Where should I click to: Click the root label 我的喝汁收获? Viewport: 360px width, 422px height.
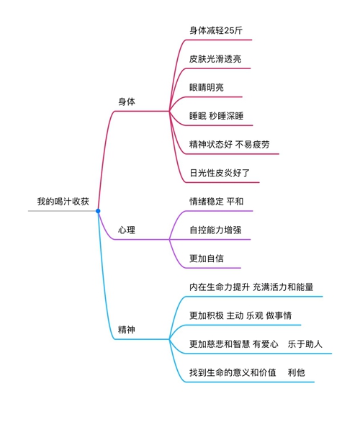click(63, 202)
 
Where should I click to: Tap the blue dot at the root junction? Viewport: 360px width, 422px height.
click(98, 211)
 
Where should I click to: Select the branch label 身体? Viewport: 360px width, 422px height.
click(127, 102)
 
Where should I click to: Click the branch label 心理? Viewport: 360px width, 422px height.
click(127, 230)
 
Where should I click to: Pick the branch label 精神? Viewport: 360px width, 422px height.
click(127, 330)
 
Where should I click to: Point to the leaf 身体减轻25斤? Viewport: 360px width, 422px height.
click(216, 30)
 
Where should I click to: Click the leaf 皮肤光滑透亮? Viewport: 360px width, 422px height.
click(215, 59)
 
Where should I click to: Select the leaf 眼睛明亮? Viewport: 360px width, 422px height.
click(207, 87)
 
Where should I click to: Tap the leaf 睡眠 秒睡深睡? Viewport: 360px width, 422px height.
click(216, 116)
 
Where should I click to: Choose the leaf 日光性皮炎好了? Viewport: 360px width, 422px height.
click(220, 173)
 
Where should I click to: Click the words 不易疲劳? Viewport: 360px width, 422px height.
click(253, 145)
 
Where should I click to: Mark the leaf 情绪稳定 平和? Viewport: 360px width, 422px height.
click(216, 202)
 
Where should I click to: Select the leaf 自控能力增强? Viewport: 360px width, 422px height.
click(215, 230)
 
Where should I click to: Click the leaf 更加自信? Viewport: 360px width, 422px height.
click(207, 259)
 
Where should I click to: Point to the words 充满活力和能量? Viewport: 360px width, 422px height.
click(283, 287)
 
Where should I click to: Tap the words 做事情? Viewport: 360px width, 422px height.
click(279, 315)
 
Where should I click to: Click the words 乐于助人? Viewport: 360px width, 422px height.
click(305, 344)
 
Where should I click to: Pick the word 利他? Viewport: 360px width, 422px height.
click(296, 372)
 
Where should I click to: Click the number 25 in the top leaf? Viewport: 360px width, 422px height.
click(229, 31)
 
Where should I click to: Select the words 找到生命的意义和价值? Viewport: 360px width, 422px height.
click(233, 372)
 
